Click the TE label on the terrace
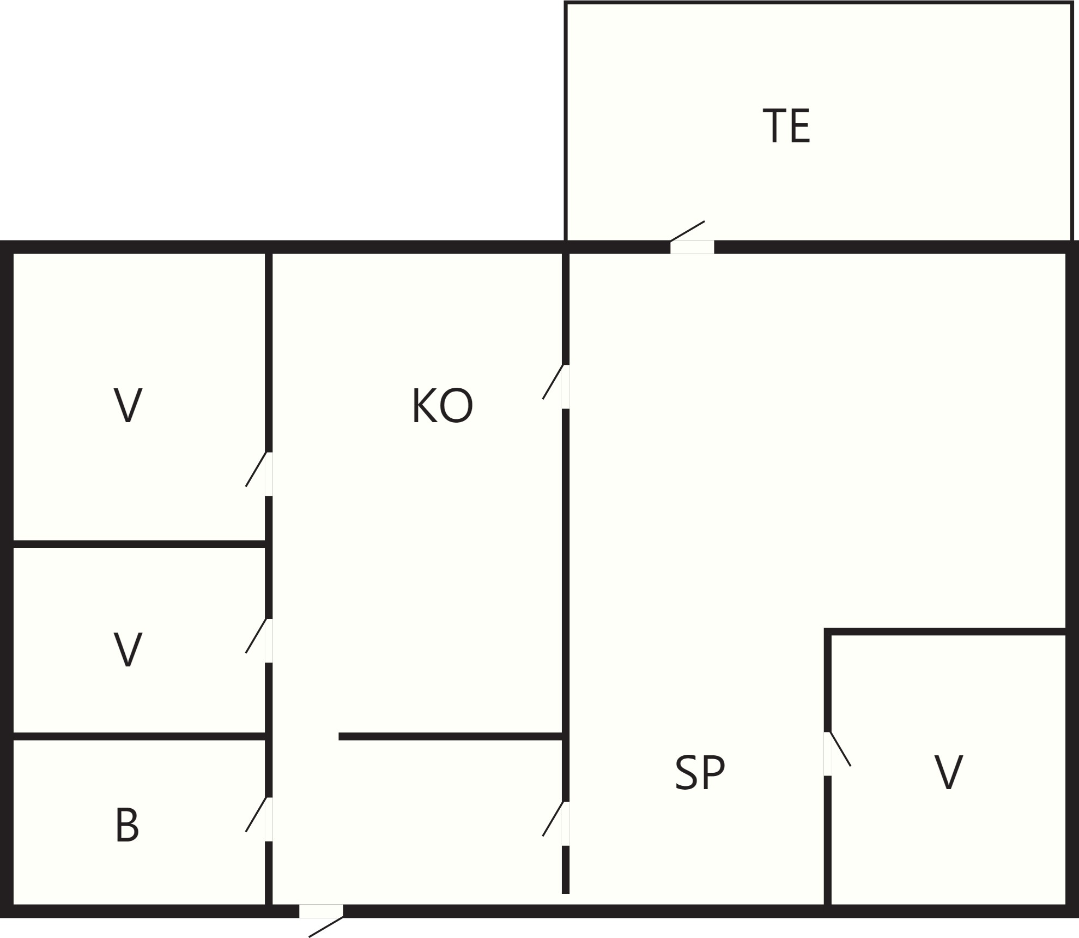(786, 126)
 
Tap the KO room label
(442, 405)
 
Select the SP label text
(700, 772)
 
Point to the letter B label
(128, 825)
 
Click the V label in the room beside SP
(949, 772)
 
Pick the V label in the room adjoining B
(128, 649)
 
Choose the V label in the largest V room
(128, 405)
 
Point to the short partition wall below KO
(450, 737)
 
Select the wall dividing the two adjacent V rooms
(139, 544)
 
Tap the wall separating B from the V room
(139, 737)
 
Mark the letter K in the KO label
(425, 405)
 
